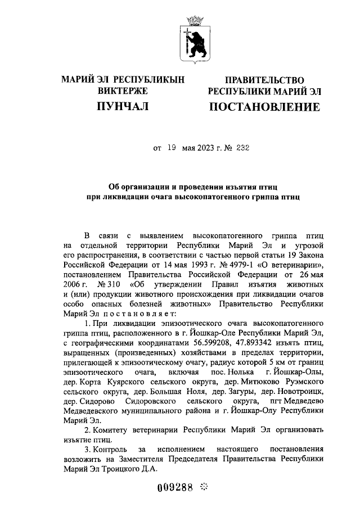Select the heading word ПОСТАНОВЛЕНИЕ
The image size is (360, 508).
coord(264,107)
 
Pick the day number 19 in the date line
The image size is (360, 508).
coord(171,148)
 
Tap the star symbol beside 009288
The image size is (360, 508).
coord(204,488)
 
